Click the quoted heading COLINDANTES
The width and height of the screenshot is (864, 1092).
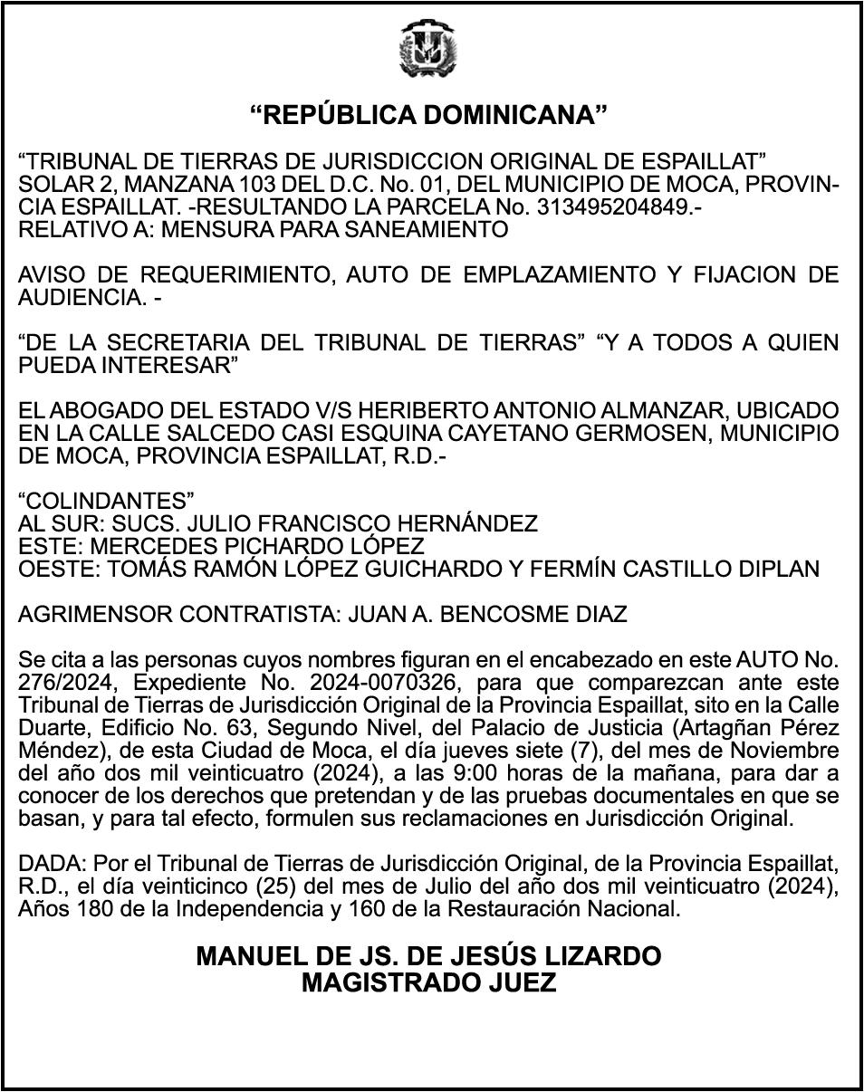click(107, 502)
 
